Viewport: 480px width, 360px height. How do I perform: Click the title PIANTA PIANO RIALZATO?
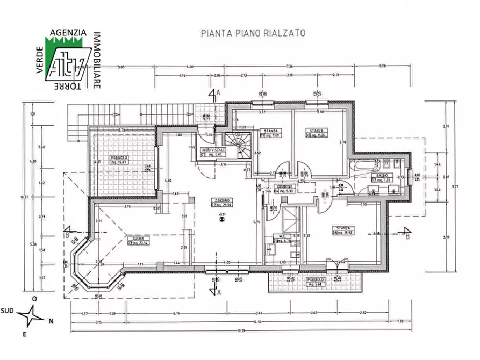coord(253,33)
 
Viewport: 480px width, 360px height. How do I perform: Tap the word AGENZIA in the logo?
coord(68,33)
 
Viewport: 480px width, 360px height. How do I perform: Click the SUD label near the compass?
coord(7,310)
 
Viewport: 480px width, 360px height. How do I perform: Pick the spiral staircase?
coord(237,146)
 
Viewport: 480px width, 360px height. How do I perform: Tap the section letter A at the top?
coord(218,93)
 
